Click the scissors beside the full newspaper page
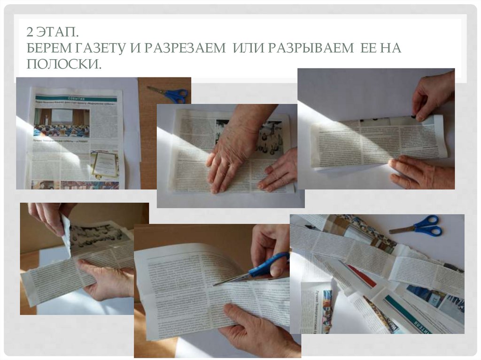170,94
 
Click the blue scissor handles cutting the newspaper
271,265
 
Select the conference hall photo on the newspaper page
61,123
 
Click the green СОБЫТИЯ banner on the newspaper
75,98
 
